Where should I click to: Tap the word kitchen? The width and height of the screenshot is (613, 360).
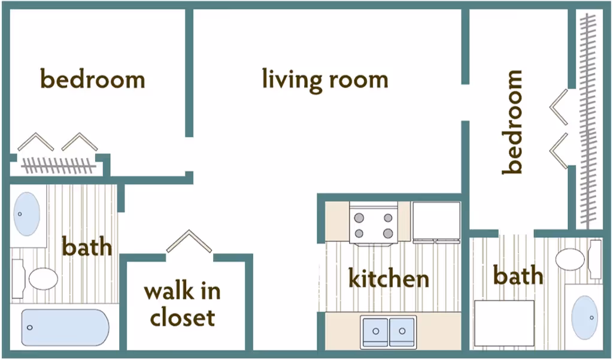[389, 279]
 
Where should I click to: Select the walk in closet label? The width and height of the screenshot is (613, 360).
[182, 304]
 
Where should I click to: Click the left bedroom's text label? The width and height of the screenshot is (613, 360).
[92, 79]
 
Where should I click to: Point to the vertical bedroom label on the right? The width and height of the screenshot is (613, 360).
[513, 122]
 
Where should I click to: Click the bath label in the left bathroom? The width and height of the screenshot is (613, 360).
[87, 246]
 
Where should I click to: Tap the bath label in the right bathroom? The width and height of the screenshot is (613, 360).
[518, 276]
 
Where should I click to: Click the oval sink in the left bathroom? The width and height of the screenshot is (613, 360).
[26, 214]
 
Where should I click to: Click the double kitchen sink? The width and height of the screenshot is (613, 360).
[389, 330]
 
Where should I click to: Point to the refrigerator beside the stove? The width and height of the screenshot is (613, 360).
[436, 222]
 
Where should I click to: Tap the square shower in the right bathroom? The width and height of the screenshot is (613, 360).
[504, 323]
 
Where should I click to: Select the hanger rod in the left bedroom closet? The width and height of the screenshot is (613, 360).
[59, 165]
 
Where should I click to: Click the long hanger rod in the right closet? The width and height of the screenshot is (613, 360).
[590, 120]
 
